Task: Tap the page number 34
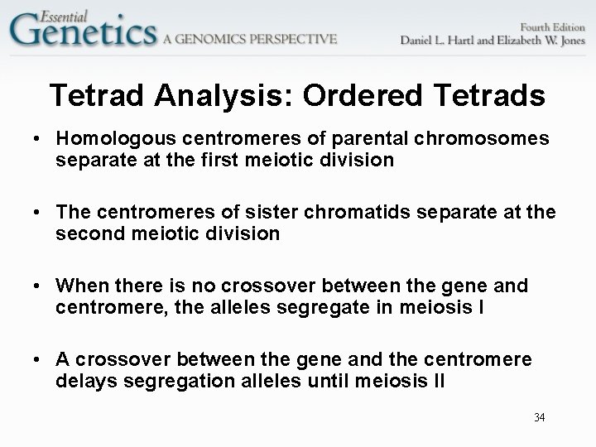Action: (x=539, y=416)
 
